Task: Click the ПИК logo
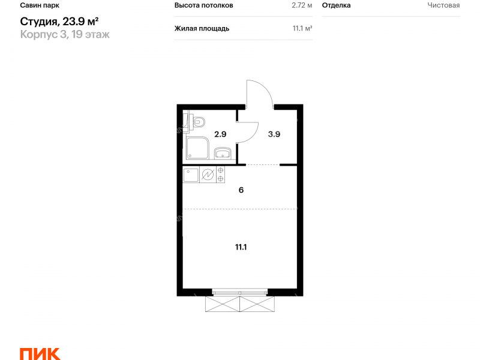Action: pyautogui.click(x=40, y=354)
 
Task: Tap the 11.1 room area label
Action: pyautogui.click(x=241, y=247)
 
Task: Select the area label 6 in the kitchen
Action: pyautogui.click(x=241, y=190)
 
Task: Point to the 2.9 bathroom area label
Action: pyautogui.click(x=220, y=134)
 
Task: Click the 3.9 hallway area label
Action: pyautogui.click(x=274, y=134)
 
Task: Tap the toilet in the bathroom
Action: pyautogui.click(x=197, y=122)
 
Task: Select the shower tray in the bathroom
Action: pyautogui.click(x=197, y=148)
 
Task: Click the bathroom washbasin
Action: pyautogui.click(x=223, y=153)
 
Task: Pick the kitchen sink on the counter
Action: pyautogui.click(x=191, y=175)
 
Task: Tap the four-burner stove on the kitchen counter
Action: pyautogui.click(x=220, y=175)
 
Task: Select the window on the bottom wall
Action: pyautogui.click(x=240, y=292)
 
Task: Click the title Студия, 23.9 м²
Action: pyautogui.click(x=59, y=22)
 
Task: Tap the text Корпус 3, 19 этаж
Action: pyautogui.click(x=65, y=34)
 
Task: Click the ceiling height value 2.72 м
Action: pyautogui.click(x=302, y=5)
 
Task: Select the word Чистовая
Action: pyautogui.click(x=443, y=5)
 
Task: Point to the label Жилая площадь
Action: pyautogui.click(x=202, y=28)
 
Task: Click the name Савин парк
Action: pyautogui.click(x=40, y=5)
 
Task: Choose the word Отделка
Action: pyautogui.click(x=336, y=5)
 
